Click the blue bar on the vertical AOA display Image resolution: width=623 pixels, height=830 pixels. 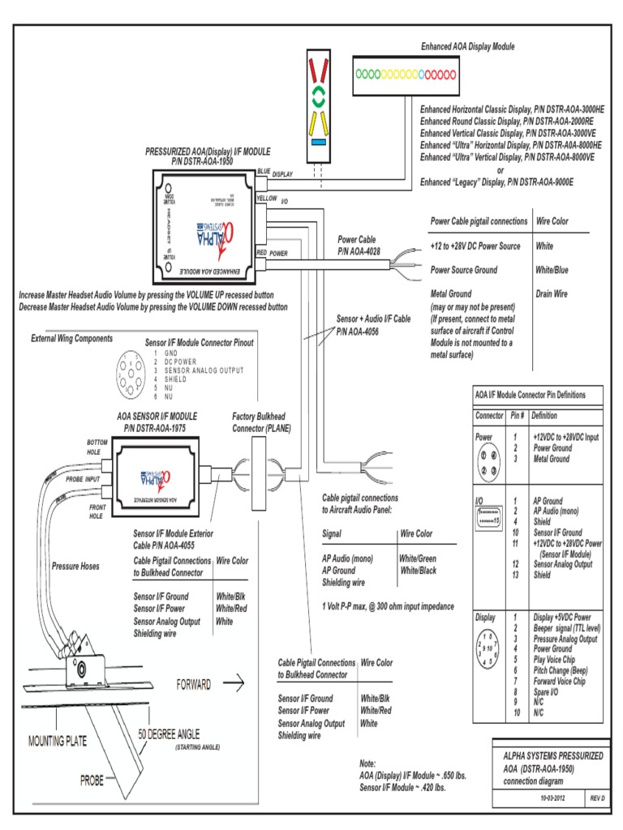tap(319, 141)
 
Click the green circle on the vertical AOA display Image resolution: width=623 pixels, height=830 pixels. tap(319, 95)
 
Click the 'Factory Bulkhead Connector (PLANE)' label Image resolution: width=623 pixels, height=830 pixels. tap(256, 421)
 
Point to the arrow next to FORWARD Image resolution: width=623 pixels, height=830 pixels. tap(234, 685)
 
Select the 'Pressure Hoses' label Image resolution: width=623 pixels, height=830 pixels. tap(75, 566)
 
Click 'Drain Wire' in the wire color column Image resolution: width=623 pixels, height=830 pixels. tap(552, 293)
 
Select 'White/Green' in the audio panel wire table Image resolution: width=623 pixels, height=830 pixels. tap(418, 558)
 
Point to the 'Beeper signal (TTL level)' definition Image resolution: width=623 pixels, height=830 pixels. tap(565, 628)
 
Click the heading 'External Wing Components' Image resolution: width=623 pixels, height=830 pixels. tap(72, 338)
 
